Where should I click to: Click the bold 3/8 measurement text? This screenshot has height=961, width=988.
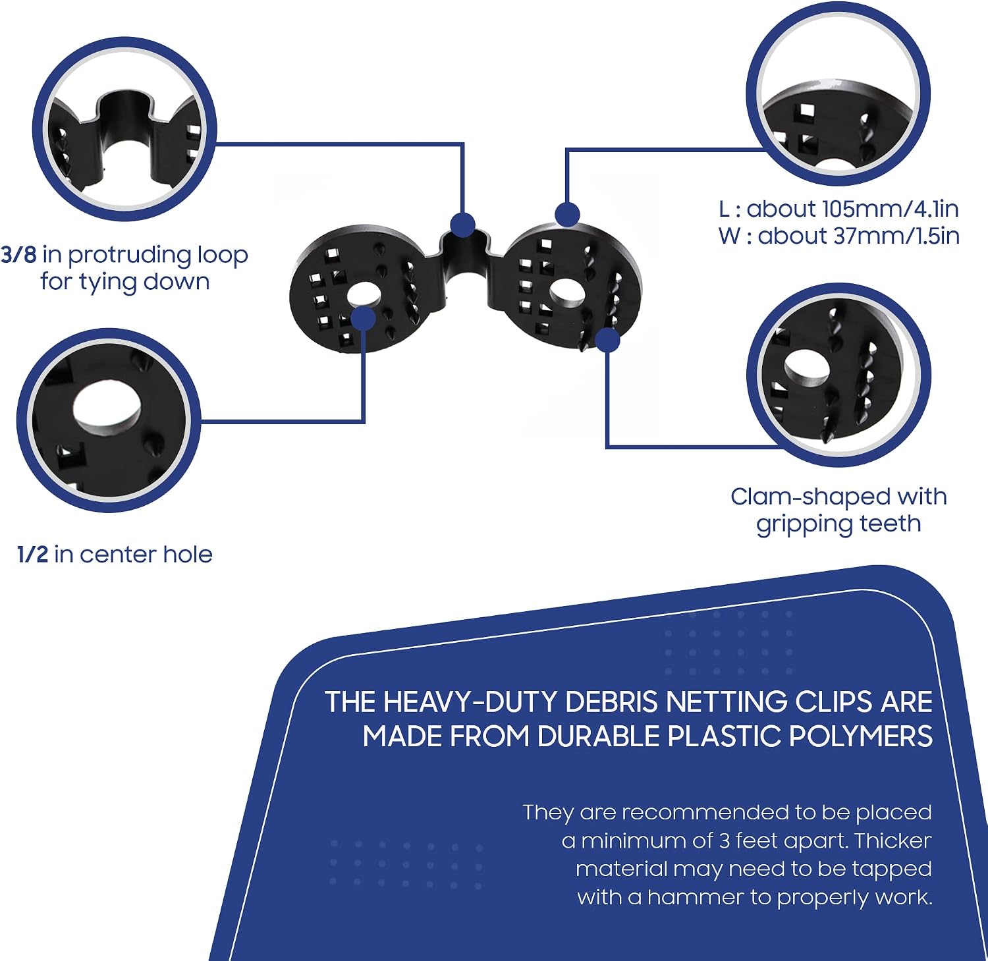click(x=18, y=254)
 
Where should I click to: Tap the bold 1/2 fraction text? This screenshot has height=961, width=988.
click(x=33, y=554)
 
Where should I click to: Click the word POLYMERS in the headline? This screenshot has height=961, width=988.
click(x=861, y=736)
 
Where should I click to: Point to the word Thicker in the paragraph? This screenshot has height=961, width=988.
click(x=893, y=840)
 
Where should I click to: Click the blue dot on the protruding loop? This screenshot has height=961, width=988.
click(x=463, y=225)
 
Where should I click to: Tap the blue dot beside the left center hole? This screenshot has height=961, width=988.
click(x=363, y=319)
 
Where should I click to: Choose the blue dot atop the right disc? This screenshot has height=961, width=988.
click(x=567, y=215)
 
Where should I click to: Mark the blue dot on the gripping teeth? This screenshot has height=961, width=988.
click(x=607, y=340)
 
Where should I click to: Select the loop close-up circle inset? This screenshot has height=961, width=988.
click(x=124, y=129)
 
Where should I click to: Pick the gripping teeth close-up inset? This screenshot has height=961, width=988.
click(x=838, y=375)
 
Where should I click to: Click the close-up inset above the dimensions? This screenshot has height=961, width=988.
click(x=838, y=94)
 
